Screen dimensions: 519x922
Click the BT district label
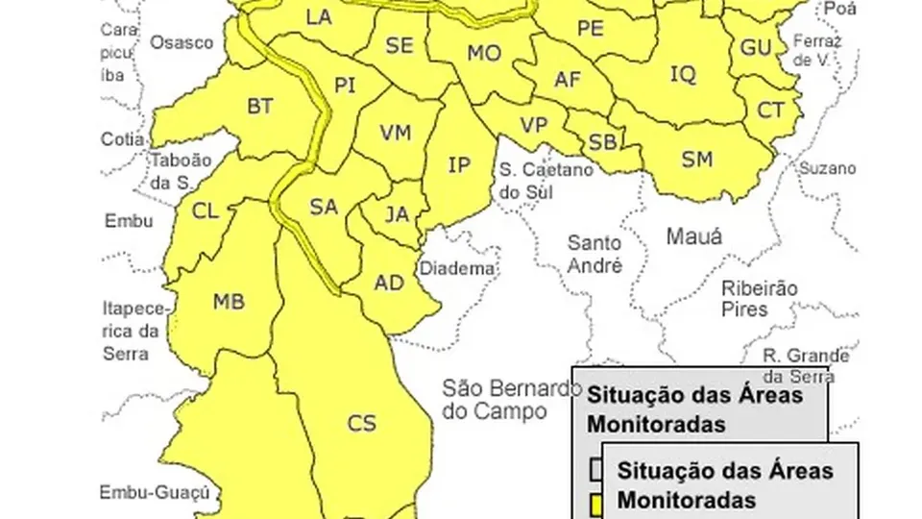pyautogui.click(x=260, y=107)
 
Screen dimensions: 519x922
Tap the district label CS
pyautogui.click(x=362, y=423)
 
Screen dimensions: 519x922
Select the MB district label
pyautogui.click(x=229, y=303)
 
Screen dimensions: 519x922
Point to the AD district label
pyautogui.click(x=389, y=284)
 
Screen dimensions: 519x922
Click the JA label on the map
pyautogui.click(x=398, y=214)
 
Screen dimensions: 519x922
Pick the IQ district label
pyautogui.click(x=682, y=74)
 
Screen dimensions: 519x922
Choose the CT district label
pyautogui.click(x=771, y=111)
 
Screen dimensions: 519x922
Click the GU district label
pyautogui.click(x=756, y=48)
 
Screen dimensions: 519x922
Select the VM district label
pyautogui.click(x=396, y=133)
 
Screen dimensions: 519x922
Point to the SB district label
pyautogui.click(x=602, y=142)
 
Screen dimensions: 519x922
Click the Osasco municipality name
pyautogui.click(x=182, y=42)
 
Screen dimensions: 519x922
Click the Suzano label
pyautogui.click(x=827, y=168)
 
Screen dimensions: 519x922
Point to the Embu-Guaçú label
pyautogui.click(x=154, y=493)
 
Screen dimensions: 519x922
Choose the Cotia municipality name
pyautogui.click(x=123, y=138)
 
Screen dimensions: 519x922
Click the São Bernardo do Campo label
pyautogui.click(x=512, y=400)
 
